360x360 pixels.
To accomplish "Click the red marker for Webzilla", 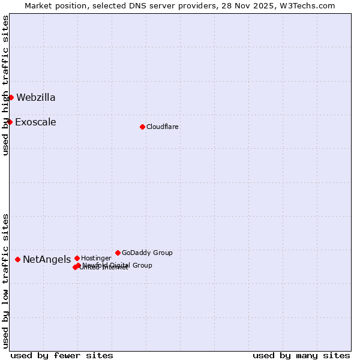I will (11, 97).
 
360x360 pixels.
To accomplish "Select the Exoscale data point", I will (10, 122).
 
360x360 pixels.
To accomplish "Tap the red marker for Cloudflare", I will (142, 127).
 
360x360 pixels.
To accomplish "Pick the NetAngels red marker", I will (17, 259).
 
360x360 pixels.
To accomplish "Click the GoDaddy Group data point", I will (118, 253).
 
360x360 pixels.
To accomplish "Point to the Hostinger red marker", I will (77, 258).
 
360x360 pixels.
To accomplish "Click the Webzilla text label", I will (36, 97).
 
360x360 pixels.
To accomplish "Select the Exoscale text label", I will (35, 122).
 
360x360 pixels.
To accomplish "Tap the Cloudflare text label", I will (162, 127).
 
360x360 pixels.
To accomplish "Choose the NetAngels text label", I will (47, 259).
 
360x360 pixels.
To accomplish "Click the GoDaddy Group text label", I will (147, 253).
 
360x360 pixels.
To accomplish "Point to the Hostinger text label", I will (96, 258).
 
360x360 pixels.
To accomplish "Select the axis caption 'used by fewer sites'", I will (62, 355).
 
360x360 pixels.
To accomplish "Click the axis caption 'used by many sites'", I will (301, 355).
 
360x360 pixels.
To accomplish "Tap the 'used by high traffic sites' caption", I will (5, 85).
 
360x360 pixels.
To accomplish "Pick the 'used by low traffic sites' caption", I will (5, 280).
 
